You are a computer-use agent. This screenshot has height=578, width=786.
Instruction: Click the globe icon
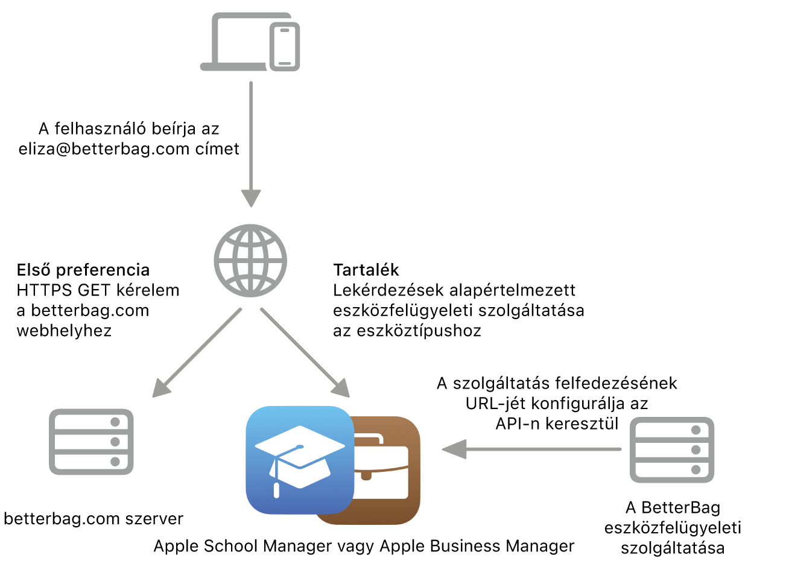click(250, 261)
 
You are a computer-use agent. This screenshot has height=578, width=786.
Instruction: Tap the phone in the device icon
click(285, 46)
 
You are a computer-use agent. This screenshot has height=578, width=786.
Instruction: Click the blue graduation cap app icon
click(300, 460)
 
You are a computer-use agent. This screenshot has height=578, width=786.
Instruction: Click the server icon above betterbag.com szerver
click(91, 442)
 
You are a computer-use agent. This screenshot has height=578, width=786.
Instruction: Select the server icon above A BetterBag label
click(672, 450)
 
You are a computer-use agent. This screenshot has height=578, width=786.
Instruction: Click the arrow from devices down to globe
click(251, 145)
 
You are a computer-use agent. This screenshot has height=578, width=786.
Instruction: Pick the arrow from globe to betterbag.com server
click(197, 353)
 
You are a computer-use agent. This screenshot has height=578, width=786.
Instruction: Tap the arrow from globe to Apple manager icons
click(305, 353)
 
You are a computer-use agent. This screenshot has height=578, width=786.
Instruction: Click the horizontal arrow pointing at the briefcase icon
click(531, 449)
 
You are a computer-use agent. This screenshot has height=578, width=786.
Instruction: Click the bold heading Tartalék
click(366, 270)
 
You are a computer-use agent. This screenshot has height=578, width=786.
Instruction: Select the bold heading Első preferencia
click(83, 270)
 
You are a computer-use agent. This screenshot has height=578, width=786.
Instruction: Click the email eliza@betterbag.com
click(104, 149)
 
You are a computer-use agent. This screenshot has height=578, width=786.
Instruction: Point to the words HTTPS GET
click(64, 291)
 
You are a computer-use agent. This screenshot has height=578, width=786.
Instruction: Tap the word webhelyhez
click(64, 331)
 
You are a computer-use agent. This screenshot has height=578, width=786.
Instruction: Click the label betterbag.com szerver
click(93, 519)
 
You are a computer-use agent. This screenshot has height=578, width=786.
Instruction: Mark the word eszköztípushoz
click(419, 331)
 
